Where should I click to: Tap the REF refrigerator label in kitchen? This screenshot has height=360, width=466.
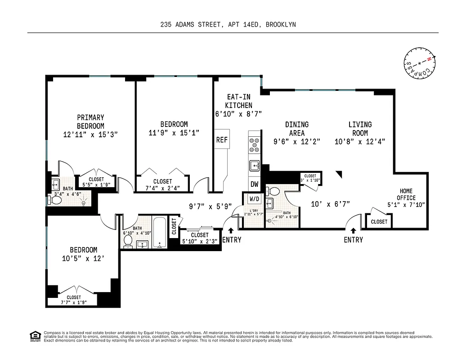[x=222, y=140]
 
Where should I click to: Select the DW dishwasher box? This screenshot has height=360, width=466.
[x=254, y=184]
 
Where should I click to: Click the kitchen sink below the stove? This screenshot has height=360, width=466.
[x=255, y=166]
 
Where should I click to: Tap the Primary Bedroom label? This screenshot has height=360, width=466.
[x=90, y=122]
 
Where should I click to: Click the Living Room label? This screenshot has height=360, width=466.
[x=360, y=129]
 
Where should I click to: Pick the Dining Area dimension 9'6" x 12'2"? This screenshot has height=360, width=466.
[x=296, y=141]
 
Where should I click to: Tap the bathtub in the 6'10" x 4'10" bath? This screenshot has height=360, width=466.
[x=160, y=233]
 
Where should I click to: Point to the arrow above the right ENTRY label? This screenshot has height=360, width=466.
[x=353, y=231]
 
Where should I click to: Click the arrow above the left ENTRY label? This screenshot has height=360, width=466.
[x=231, y=231]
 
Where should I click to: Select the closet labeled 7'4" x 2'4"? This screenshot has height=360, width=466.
[x=162, y=185]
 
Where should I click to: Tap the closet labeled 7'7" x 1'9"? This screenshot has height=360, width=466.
[x=74, y=300]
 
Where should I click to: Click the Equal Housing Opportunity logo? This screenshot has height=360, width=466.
[x=33, y=336]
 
